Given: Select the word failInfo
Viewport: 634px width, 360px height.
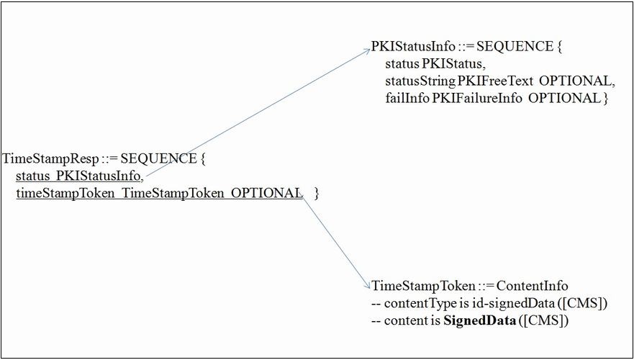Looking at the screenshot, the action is click(x=407, y=99).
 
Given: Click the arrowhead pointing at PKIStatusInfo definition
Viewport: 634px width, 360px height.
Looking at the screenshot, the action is click(x=366, y=51).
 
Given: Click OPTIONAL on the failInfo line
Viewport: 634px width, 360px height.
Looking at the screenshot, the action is click(x=565, y=99).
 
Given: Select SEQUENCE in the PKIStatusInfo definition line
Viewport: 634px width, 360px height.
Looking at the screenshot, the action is click(x=514, y=48).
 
